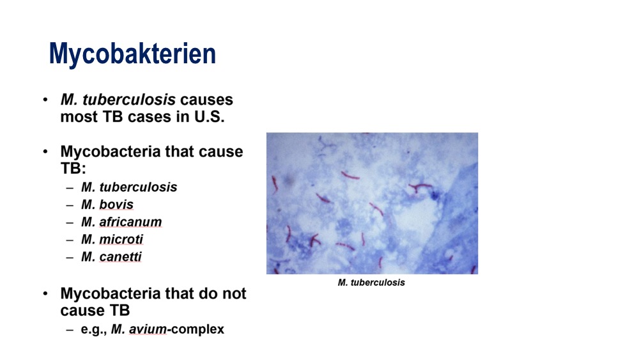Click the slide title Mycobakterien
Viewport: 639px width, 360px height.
tap(132, 54)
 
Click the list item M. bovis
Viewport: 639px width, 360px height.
tap(107, 204)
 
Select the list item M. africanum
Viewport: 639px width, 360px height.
tap(121, 222)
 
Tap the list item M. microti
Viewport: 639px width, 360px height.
tap(112, 239)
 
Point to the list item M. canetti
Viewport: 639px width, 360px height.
tap(111, 256)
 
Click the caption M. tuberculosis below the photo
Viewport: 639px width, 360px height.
tap(371, 283)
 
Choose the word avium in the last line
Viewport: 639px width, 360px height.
tap(148, 329)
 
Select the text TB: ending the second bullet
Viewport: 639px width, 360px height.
tap(73, 168)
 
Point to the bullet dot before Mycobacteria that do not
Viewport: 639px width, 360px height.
tap(45, 293)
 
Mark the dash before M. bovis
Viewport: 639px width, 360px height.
tap(70, 205)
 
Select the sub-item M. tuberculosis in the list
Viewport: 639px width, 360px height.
tap(129, 187)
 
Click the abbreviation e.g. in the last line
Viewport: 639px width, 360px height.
tap(94, 330)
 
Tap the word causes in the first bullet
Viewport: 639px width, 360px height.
tap(206, 100)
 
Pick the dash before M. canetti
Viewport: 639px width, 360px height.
tap(70, 257)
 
